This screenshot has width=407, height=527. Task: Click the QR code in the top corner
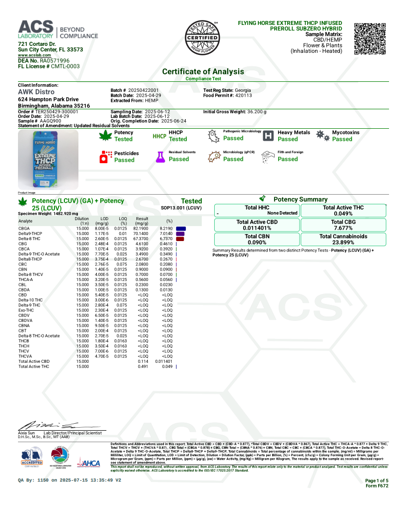[370, 38]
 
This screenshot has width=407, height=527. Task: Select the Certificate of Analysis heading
[203, 71]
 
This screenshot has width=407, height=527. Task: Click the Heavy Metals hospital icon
[268, 136]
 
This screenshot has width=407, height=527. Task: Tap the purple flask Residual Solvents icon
[160, 156]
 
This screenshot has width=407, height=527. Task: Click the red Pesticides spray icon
[106, 157]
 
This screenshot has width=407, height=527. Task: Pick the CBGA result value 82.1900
[141, 228]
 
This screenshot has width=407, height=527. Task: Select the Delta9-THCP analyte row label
[31, 233]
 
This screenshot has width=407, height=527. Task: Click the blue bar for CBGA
[181, 228]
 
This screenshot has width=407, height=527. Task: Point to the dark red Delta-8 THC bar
[180, 239]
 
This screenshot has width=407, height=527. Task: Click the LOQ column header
[123, 219]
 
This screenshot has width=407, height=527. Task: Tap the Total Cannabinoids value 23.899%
[343, 243]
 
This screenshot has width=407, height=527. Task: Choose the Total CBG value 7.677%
[343, 228]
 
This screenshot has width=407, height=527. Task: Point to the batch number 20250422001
[143, 90]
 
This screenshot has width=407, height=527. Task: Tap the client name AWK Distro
[36, 92]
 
